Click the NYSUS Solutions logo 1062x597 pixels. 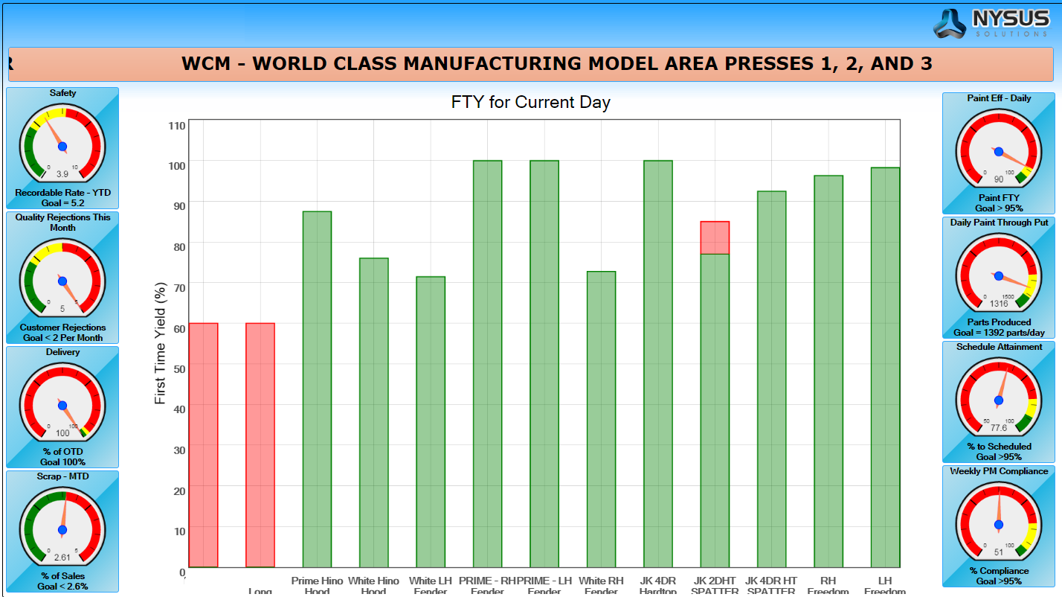(x=990, y=24)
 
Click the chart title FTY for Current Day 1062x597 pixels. (x=530, y=103)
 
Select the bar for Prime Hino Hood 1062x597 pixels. (x=317, y=389)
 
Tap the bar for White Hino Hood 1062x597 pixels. (x=373, y=412)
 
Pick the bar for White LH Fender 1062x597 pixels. (x=431, y=422)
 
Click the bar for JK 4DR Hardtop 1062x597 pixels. (x=657, y=364)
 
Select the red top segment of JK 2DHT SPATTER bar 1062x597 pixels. (x=715, y=237)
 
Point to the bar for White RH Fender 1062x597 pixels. (x=601, y=419)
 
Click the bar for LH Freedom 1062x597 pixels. (x=885, y=367)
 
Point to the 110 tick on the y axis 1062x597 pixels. (x=176, y=125)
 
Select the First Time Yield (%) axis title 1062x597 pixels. (x=160, y=343)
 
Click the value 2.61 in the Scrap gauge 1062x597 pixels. (x=62, y=557)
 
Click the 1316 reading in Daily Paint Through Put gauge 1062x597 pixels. (x=998, y=304)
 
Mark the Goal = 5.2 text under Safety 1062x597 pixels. (x=62, y=202)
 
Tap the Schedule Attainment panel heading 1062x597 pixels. (x=999, y=347)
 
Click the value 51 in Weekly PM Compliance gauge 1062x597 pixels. (x=998, y=552)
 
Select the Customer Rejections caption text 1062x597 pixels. (x=62, y=328)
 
